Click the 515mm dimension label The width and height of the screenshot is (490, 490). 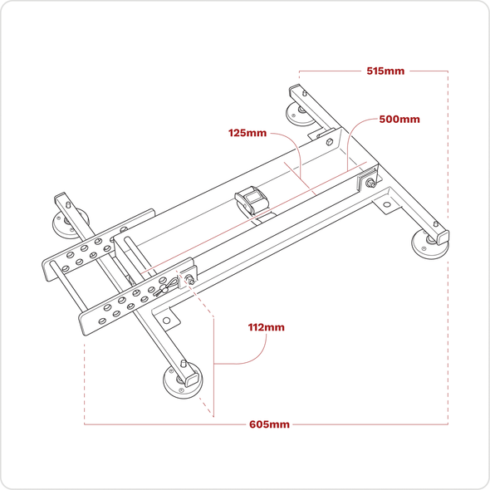(385, 71)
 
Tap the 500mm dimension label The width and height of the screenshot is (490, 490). (399, 119)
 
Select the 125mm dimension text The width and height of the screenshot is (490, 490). (247, 133)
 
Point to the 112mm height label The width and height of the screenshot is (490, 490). (266, 327)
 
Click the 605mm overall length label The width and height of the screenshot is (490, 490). (270, 424)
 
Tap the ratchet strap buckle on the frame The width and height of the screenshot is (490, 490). (250, 200)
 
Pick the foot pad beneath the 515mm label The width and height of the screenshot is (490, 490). (299, 113)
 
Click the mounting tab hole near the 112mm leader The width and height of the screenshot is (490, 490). (166, 319)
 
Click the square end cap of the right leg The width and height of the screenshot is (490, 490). (440, 224)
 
